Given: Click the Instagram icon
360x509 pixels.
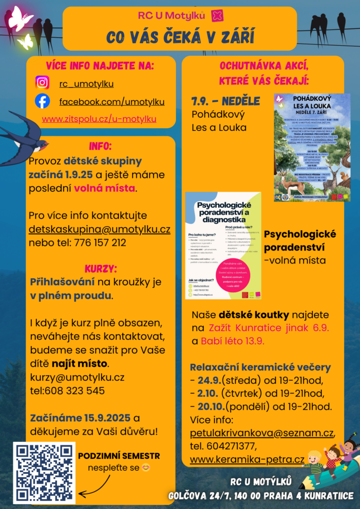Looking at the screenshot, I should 43,83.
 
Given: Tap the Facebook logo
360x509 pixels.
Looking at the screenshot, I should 43,101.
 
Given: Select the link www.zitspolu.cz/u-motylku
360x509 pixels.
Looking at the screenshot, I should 99,119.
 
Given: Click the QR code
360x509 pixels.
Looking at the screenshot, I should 45,473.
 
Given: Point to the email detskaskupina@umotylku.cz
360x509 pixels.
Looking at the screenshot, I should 99,230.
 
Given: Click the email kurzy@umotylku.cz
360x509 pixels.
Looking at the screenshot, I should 77,377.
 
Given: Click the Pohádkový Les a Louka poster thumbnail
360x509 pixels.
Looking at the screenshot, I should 312,147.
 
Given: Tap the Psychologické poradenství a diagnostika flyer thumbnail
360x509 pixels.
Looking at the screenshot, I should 223,245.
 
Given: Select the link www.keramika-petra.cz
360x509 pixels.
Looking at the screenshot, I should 247,459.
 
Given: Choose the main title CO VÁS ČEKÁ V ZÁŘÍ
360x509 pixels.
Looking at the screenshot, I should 180,37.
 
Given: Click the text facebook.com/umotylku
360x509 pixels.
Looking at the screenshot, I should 112,102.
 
